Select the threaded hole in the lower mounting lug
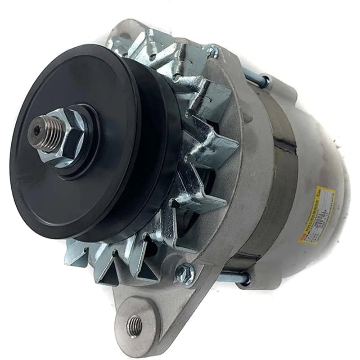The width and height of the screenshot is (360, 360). (x=134, y=322)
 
